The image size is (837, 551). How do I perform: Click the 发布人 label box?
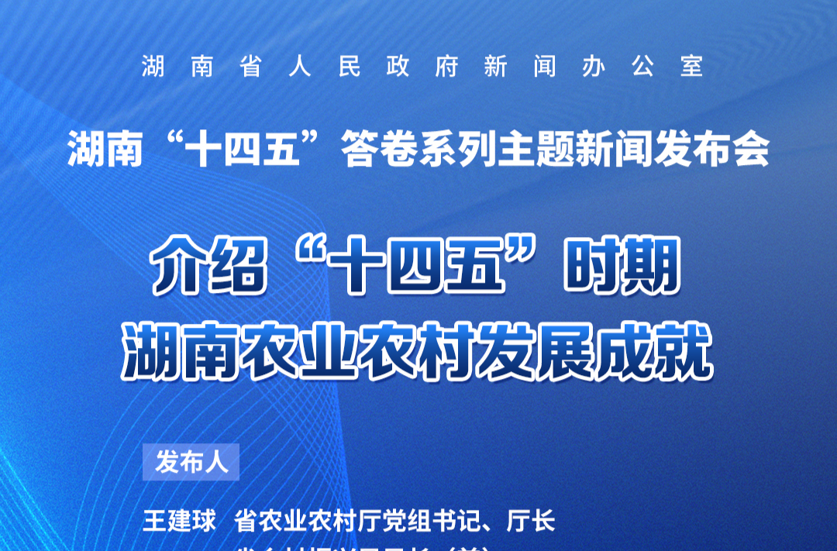pos(191,463)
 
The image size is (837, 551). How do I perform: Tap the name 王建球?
pos(179,521)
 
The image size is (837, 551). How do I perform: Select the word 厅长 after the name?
pos(531,521)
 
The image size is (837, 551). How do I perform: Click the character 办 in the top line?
pos(593,67)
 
